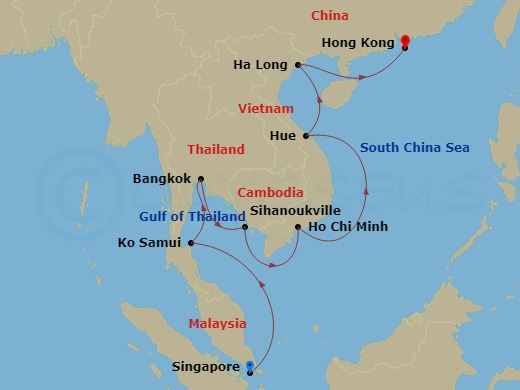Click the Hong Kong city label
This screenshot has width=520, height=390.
pos(357,43)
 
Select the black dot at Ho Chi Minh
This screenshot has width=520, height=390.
pos(298,228)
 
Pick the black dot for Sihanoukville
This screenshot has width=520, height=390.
pos(245,227)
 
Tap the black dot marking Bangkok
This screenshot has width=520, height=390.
pos(200,180)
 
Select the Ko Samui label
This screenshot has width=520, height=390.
pos(149,243)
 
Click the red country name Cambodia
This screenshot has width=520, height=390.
pos(269,192)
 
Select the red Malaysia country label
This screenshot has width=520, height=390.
pos(217,323)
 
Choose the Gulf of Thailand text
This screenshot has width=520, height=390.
pos(192,217)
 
